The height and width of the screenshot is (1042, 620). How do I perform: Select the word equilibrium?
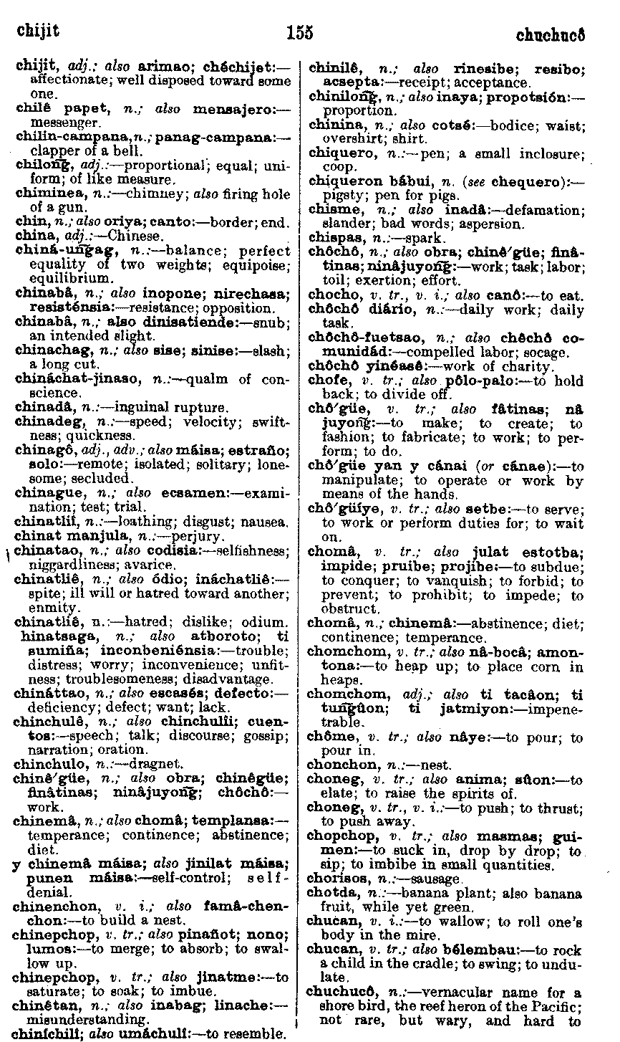pyautogui.click(x=72, y=278)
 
